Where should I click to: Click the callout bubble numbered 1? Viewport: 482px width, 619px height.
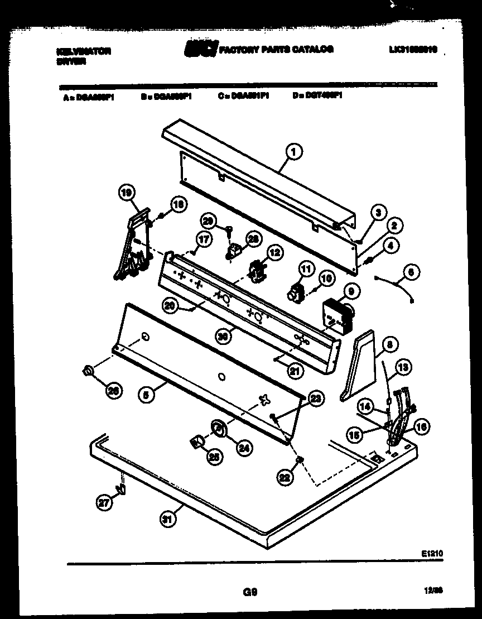pos(295,150)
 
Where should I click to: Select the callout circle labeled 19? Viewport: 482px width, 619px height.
pos(127,193)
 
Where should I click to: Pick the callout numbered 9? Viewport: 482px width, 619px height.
pos(351,290)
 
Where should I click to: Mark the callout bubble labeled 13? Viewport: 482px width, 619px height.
pos(403,367)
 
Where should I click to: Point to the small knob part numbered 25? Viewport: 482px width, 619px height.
pos(196,443)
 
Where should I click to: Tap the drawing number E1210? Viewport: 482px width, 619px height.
pos(432,553)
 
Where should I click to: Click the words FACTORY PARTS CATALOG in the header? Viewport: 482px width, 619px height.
pos(277,49)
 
